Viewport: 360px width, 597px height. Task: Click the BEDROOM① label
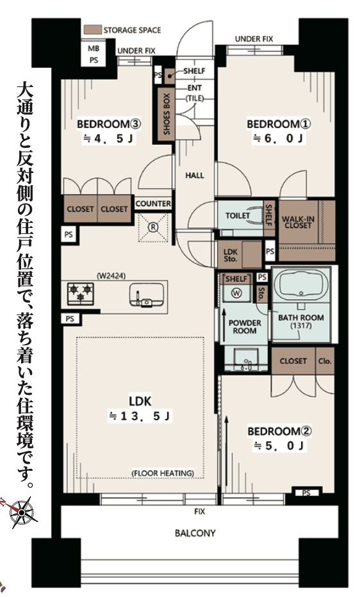tap(274, 123)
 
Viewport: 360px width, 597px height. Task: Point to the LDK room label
tap(140, 402)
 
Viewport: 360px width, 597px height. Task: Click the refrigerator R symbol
tap(153, 226)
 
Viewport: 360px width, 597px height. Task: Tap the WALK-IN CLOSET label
tap(300, 222)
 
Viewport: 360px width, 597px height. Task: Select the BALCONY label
tap(195, 532)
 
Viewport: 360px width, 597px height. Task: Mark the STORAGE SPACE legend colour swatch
tap(92, 30)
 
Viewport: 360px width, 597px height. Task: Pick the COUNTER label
tap(153, 204)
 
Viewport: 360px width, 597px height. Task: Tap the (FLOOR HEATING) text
tap(163, 473)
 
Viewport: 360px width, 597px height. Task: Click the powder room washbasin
tap(245, 360)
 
